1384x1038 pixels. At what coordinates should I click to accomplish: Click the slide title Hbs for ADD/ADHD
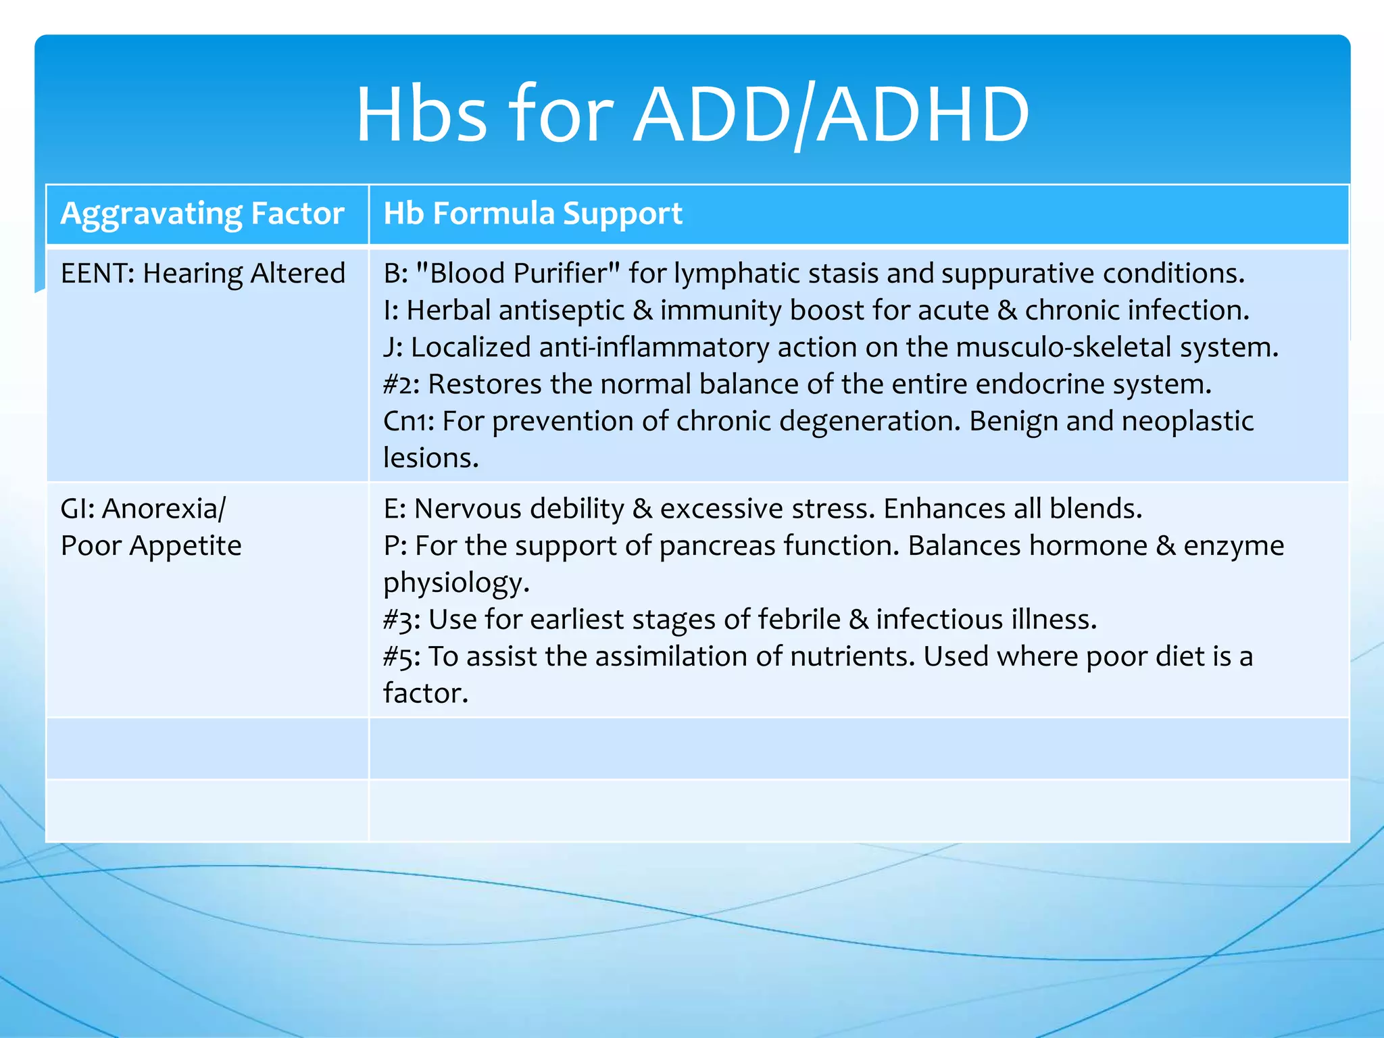[692, 115]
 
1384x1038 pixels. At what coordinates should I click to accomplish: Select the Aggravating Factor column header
[202, 214]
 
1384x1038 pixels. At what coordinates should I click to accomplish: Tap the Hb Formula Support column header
[533, 214]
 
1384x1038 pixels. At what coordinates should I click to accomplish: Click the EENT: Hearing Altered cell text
[202, 274]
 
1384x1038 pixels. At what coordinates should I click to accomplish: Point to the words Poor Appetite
[151, 545]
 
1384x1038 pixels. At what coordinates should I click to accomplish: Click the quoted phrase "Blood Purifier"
[518, 274]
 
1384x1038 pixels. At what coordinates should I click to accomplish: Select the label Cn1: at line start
[408, 421]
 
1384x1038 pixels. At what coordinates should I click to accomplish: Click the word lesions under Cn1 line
[430, 458]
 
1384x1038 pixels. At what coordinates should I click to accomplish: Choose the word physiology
[455, 583]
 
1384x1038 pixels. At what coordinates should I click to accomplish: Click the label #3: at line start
[401, 620]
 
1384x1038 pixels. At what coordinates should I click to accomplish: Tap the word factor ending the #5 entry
[425, 693]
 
